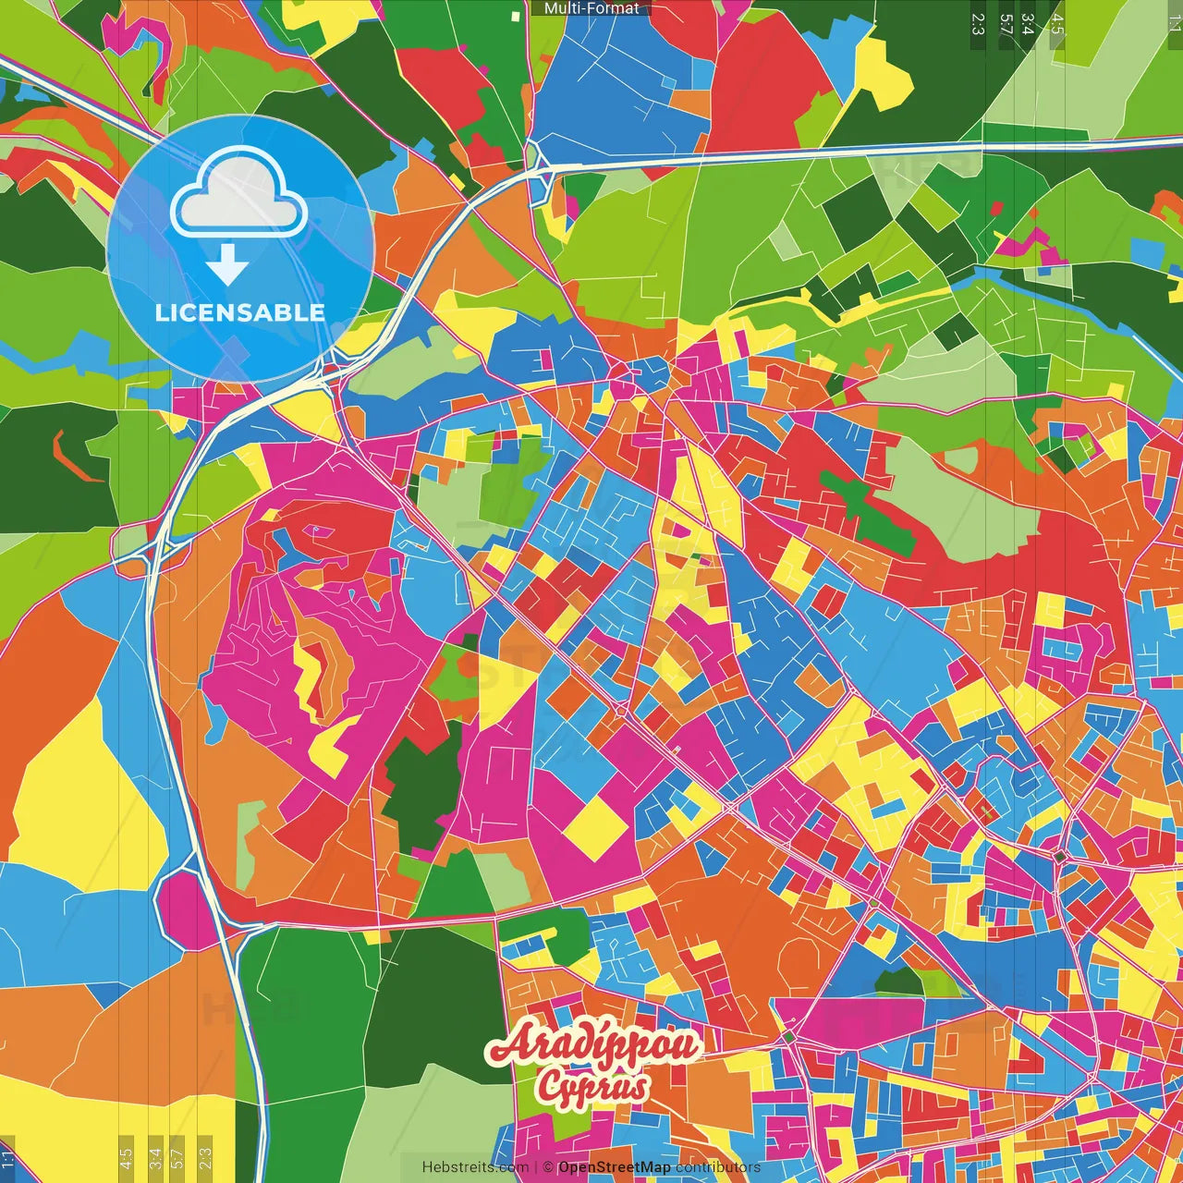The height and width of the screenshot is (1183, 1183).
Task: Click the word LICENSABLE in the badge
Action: [239, 312]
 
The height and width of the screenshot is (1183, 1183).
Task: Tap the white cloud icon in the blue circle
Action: [239, 194]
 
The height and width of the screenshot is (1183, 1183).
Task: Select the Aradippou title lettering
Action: [594, 1045]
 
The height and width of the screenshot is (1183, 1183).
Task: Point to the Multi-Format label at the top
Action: [591, 8]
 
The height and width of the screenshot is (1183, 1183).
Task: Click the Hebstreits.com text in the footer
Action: [475, 1167]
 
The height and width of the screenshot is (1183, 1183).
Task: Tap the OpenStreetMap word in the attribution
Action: [614, 1167]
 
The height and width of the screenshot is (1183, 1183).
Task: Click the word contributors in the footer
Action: [718, 1167]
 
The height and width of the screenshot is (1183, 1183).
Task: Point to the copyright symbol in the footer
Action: [547, 1167]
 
